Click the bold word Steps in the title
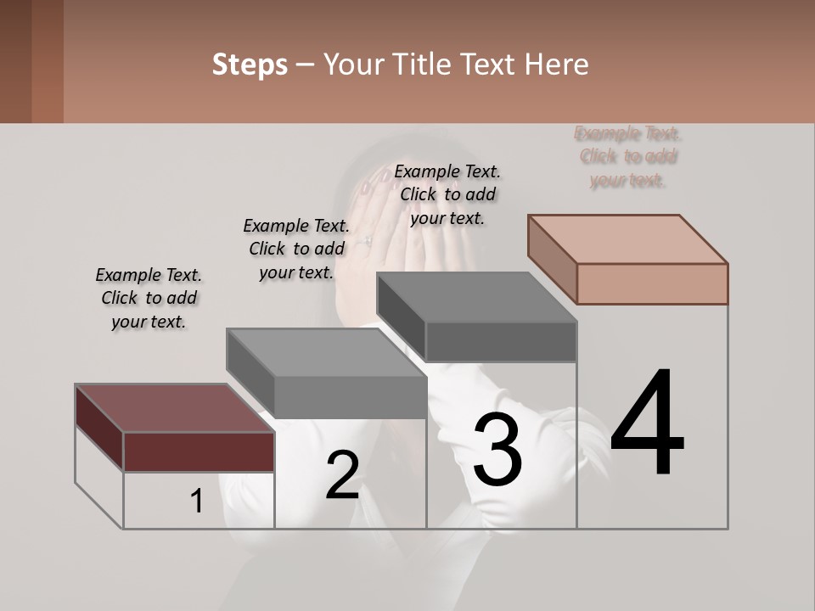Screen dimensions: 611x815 pos(250,64)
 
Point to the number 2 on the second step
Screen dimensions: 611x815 pos(342,475)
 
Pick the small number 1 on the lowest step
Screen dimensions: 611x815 pos(197,502)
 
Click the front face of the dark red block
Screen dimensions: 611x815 pos(199,451)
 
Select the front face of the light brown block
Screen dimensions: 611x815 pos(652,283)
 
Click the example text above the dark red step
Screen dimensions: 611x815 pos(149,298)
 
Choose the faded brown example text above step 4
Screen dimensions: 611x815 pos(627,156)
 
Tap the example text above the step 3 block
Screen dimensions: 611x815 pos(447,194)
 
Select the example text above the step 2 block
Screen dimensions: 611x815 pos(296,249)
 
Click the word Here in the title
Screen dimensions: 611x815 pos(557,64)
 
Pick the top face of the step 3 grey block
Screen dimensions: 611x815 pos(476,297)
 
